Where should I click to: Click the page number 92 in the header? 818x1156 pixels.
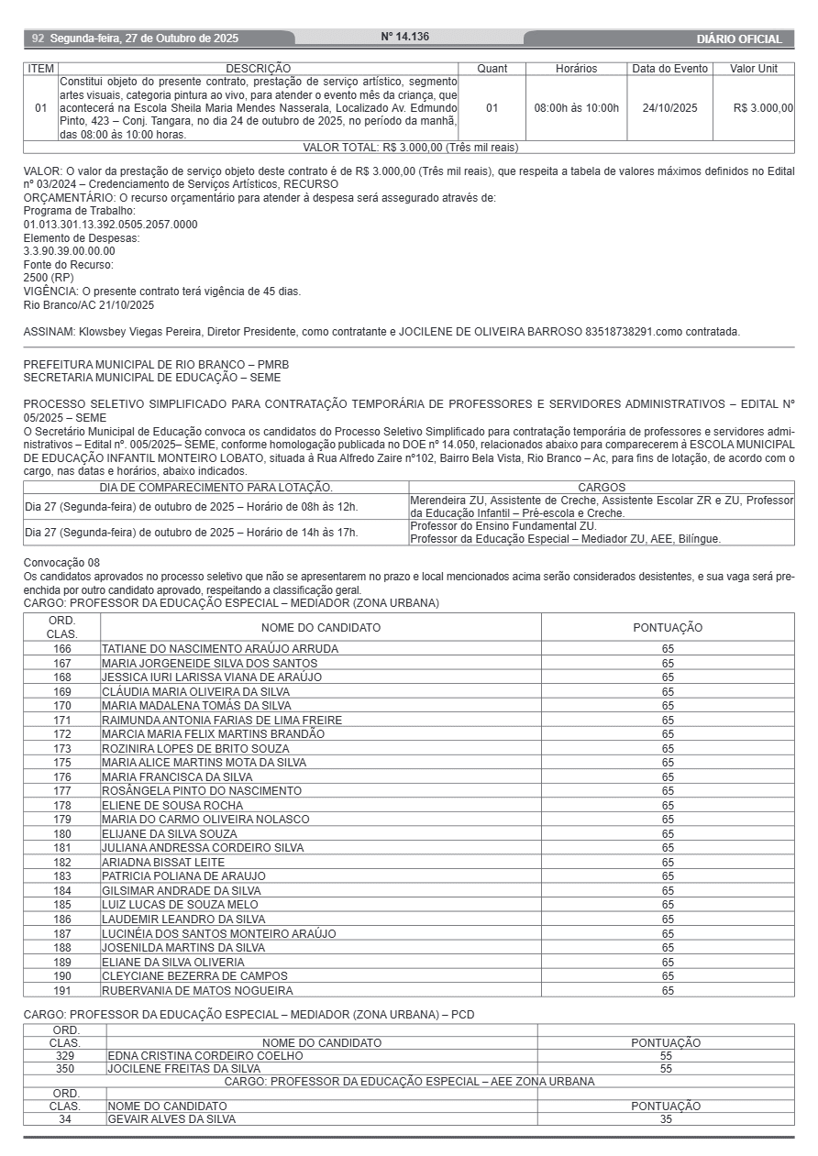tap(38, 39)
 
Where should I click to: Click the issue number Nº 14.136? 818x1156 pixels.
tap(404, 38)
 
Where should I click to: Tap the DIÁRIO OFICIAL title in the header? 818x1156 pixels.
tap(739, 39)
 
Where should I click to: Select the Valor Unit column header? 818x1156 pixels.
tap(753, 69)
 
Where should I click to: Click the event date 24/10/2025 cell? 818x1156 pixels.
tap(669, 108)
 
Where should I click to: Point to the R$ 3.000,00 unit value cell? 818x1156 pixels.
tap(763, 108)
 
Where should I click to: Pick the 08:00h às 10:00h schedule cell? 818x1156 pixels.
tap(576, 108)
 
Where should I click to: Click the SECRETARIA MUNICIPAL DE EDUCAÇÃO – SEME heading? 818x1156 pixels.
tap(152, 378)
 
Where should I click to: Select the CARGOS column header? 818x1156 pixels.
tap(602, 488)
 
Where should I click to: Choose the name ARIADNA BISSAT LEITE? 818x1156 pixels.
tap(163, 863)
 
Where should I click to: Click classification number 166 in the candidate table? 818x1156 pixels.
tap(62, 649)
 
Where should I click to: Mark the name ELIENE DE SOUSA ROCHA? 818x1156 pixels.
tap(172, 806)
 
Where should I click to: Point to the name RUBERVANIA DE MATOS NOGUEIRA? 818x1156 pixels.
tap(197, 991)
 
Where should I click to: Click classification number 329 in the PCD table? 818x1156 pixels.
tap(65, 1056)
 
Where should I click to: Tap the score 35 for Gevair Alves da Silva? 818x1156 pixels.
tap(666, 1119)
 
